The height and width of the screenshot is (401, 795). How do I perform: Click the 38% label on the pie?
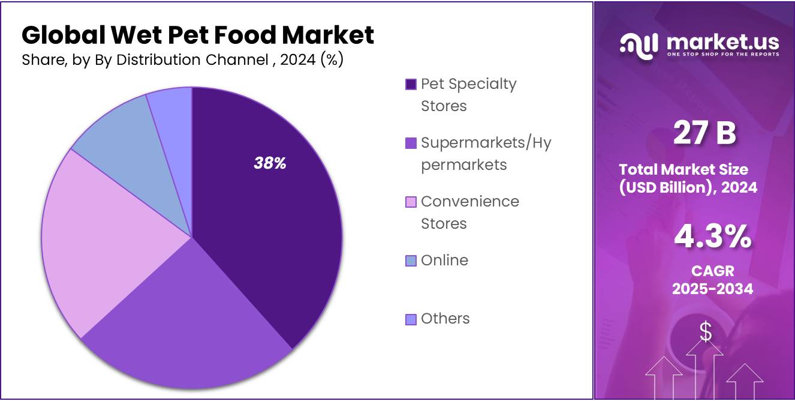coord(270,163)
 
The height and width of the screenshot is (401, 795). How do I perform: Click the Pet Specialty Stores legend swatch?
coord(411,85)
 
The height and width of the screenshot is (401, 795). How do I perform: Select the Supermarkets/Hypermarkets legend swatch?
coord(411,143)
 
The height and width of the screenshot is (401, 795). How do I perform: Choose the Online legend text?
coord(444,261)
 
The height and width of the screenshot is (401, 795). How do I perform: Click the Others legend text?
coord(445,319)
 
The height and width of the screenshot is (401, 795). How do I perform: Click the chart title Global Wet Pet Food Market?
coord(198,35)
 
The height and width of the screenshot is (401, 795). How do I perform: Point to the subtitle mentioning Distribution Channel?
coord(182,60)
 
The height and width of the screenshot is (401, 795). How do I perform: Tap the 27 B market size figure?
coord(704,133)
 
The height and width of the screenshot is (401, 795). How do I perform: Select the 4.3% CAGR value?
coord(712,237)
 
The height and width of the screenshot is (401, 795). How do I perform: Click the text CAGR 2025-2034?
coord(712,280)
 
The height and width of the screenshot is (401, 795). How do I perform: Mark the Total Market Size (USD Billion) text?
coord(688,178)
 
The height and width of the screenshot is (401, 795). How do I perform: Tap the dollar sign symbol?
coord(706,332)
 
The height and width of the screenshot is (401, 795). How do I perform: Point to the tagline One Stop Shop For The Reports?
coord(723,55)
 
